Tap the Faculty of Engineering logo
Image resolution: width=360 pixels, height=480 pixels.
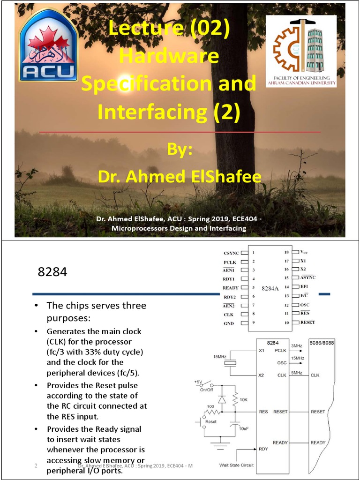[x=301, y=51]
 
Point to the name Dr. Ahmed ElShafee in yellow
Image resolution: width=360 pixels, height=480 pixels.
[x=180, y=177]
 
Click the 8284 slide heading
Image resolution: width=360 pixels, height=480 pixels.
[x=52, y=272]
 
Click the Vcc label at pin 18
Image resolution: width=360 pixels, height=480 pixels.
[x=305, y=252]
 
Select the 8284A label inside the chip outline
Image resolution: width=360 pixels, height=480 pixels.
[x=270, y=287]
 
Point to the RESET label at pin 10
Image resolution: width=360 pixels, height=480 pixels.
[x=307, y=322]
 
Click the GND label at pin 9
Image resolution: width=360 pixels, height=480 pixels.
[x=228, y=323]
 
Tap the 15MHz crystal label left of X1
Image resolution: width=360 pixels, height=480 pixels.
[x=220, y=357]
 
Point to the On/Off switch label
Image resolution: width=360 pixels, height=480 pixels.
[x=207, y=389]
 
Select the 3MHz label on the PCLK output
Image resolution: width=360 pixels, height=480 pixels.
[x=297, y=345]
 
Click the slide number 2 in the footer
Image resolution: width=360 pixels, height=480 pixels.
[x=36, y=465]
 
